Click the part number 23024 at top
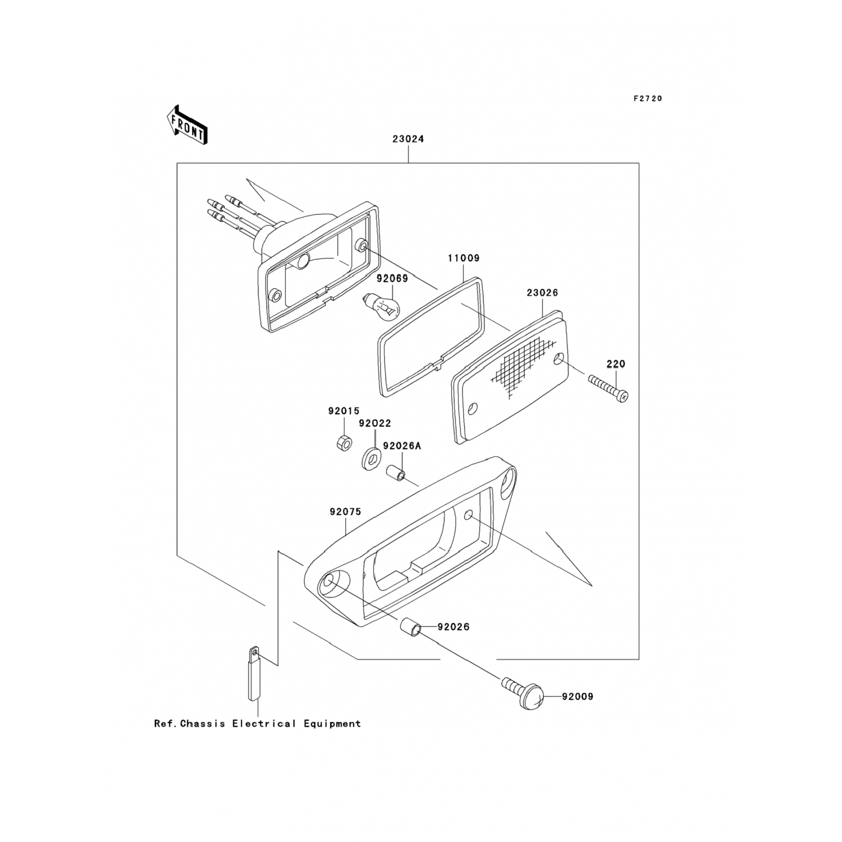(x=408, y=139)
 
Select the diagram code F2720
(x=648, y=99)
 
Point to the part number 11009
(x=464, y=259)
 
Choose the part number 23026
(x=542, y=293)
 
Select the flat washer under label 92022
(x=371, y=458)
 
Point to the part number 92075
(x=345, y=512)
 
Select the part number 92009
(x=577, y=697)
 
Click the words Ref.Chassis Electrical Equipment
(x=257, y=724)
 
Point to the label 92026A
(x=402, y=446)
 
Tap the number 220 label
(x=616, y=364)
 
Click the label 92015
(x=344, y=411)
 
